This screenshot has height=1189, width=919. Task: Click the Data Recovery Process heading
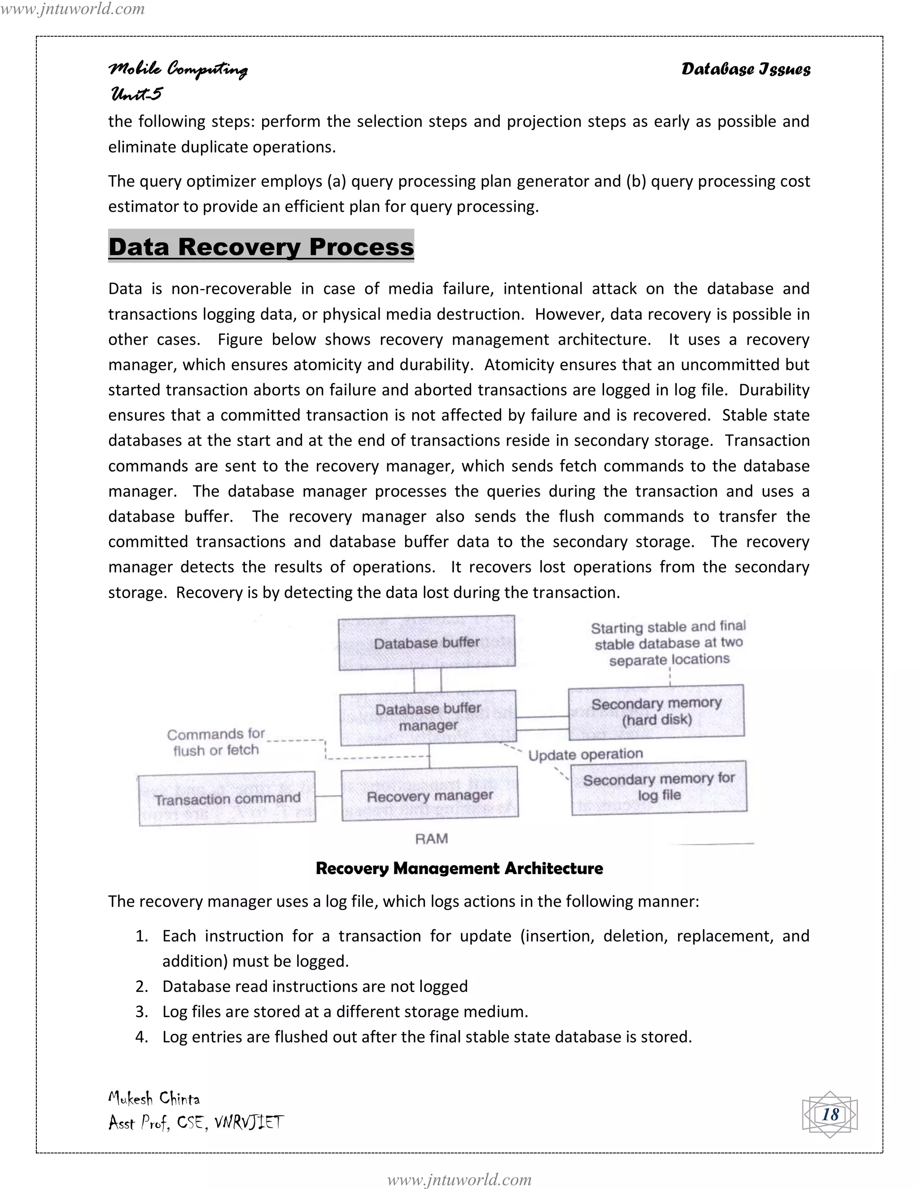coord(261,247)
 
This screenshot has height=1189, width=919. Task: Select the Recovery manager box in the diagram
coord(429,796)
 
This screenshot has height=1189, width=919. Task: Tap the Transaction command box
coord(227,799)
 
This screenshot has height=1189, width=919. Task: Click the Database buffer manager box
coord(428,717)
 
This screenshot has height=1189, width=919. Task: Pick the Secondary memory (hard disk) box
coord(656,712)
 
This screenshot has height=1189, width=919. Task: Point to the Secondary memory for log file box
coord(659,787)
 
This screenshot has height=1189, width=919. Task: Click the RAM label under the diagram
coord(431,839)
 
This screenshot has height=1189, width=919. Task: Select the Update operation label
coord(585,755)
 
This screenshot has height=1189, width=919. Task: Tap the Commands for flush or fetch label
coord(216,742)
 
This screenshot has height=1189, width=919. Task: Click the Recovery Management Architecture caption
coord(459,868)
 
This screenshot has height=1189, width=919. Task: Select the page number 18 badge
coord(830,1115)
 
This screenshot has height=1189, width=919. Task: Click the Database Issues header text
coord(745,69)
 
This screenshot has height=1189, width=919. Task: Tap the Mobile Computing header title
coord(178,69)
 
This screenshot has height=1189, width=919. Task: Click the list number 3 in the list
coord(141,1011)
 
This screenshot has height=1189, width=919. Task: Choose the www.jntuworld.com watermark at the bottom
coord(459,1179)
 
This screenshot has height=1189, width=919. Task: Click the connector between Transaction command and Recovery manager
coord(328,796)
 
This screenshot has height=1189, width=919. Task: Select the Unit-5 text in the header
coord(136,94)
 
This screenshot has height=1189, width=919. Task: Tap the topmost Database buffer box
coord(426,643)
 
